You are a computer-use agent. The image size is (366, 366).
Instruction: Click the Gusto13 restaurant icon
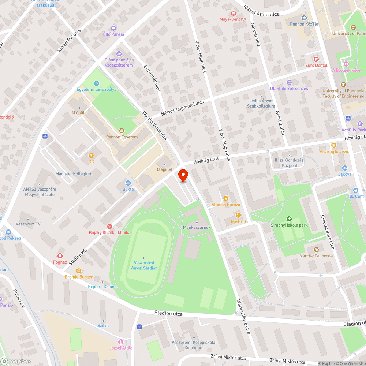coord(238,215)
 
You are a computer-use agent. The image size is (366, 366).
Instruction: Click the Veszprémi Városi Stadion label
coord(144,265)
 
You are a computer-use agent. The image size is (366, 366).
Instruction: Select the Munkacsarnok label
coord(197,227)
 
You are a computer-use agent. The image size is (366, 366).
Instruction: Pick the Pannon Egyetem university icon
coord(122,131)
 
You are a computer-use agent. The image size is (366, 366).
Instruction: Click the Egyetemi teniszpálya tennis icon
coord(96,83)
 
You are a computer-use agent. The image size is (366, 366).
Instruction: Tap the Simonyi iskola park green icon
coord(289,219)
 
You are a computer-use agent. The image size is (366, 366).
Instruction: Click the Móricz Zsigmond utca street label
coord(182,108)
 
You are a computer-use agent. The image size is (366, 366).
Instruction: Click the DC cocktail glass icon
coord(91,155)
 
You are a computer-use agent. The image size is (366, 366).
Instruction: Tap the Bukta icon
coord(128,183)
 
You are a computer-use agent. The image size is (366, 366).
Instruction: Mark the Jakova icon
coord(344,168)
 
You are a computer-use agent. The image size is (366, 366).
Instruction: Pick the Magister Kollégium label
coord(74,174)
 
